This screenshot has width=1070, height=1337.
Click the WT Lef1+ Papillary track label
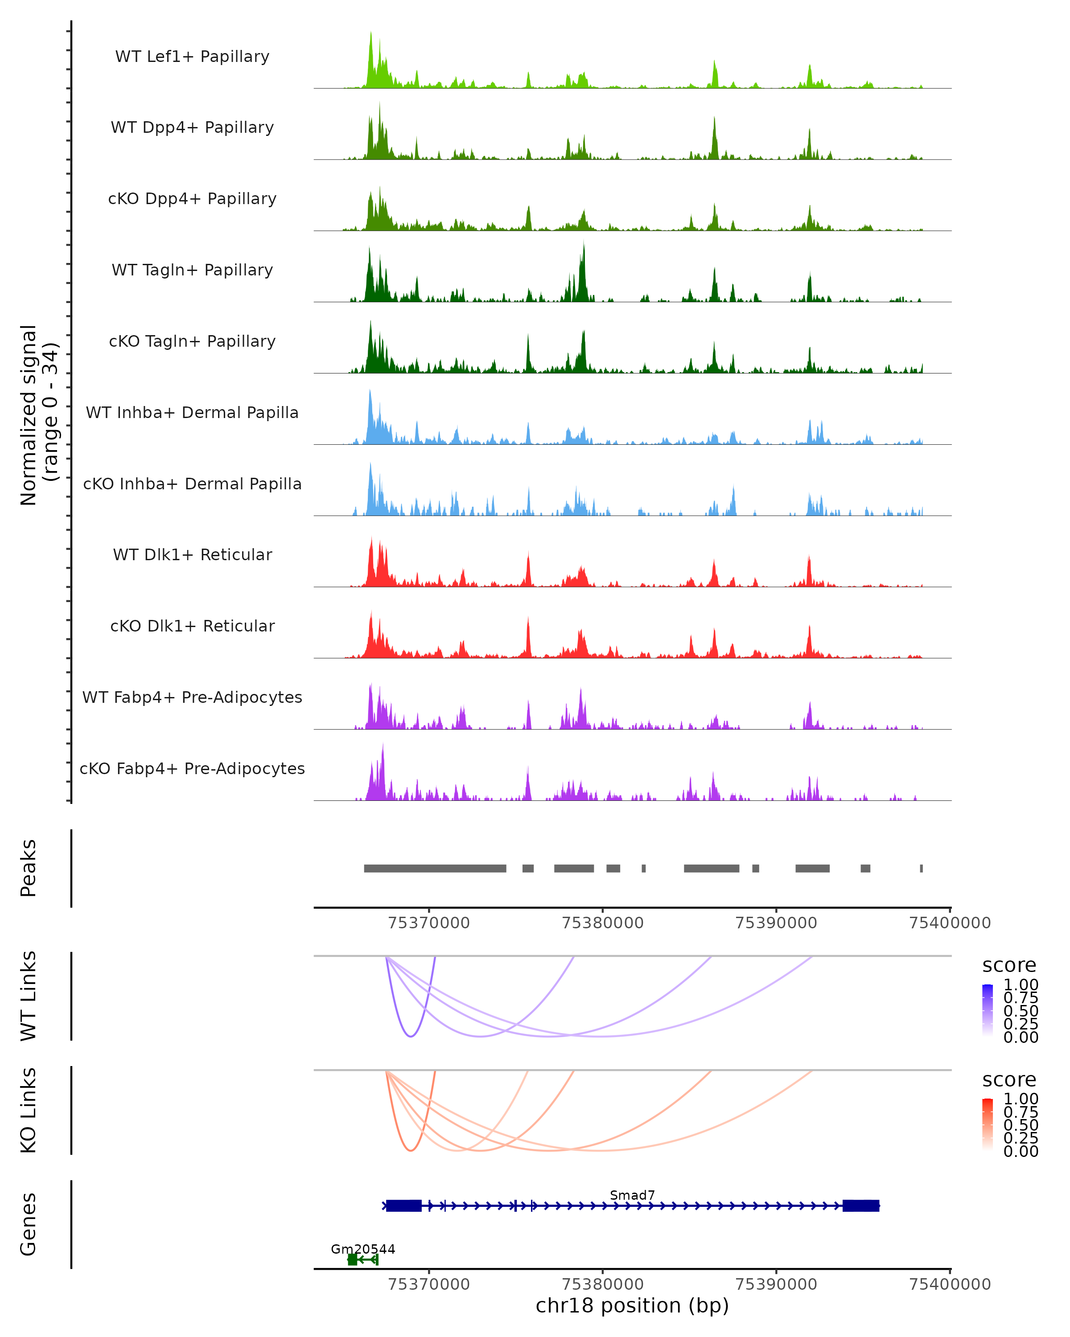point(192,57)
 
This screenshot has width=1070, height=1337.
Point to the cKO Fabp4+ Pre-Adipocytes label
point(192,768)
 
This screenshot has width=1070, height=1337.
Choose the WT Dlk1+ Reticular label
point(192,554)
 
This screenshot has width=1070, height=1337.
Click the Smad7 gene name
point(632,1194)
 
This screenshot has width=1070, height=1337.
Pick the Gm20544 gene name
point(363,1248)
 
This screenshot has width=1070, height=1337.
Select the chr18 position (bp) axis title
point(632,1305)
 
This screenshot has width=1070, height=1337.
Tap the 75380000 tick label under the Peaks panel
point(602,923)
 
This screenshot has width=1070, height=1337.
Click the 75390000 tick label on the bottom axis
point(776,1284)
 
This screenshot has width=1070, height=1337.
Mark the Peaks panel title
point(29,868)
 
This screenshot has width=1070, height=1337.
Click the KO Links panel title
point(29,1110)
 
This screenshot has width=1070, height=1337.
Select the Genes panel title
point(29,1224)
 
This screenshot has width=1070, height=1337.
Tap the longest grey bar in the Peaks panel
point(435,868)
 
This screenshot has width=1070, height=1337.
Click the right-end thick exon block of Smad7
point(860,1206)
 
